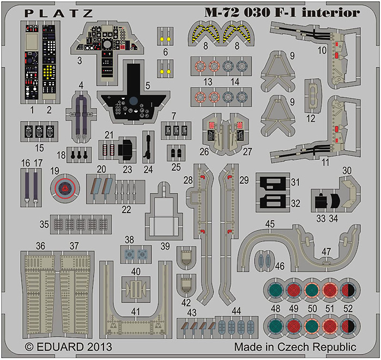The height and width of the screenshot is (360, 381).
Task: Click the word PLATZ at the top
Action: (x=59, y=14)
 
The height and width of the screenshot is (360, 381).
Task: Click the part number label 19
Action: (x=54, y=171)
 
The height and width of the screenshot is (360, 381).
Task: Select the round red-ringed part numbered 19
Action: (x=65, y=188)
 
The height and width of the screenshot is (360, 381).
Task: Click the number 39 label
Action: (x=165, y=246)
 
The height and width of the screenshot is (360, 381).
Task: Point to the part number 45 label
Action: (x=270, y=224)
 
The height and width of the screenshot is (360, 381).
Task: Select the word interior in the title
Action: (x=331, y=13)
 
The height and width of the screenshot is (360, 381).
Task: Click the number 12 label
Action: (x=311, y=119)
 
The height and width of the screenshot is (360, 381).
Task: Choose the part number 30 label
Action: (x=347, y=170)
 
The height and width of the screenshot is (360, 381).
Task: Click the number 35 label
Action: (x=44, y=224)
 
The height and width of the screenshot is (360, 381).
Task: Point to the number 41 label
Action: (x=136, y=312)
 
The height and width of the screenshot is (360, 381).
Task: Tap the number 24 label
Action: (x=148, y=170)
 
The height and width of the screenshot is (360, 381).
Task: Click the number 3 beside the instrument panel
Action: (x=79, y=60)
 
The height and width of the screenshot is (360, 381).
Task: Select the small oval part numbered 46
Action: (x=265, y=260)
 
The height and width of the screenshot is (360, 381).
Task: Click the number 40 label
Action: (x=136, y=271)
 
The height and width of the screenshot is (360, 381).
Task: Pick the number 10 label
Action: (x=322, y=51)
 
